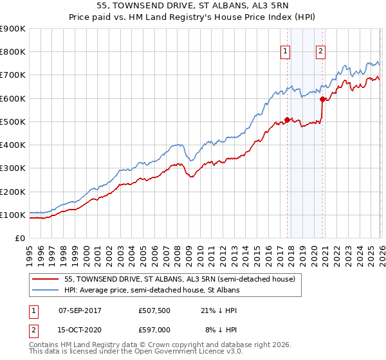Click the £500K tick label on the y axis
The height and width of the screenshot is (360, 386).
click(x=13, y=122)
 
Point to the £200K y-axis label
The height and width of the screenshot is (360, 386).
click(x=13, y=192)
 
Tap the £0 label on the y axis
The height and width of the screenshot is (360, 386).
click(x=20, y=238)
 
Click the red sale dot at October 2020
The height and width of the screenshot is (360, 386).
click(x=322, y=99)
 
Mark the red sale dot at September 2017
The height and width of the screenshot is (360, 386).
click(x=287, y=120)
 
